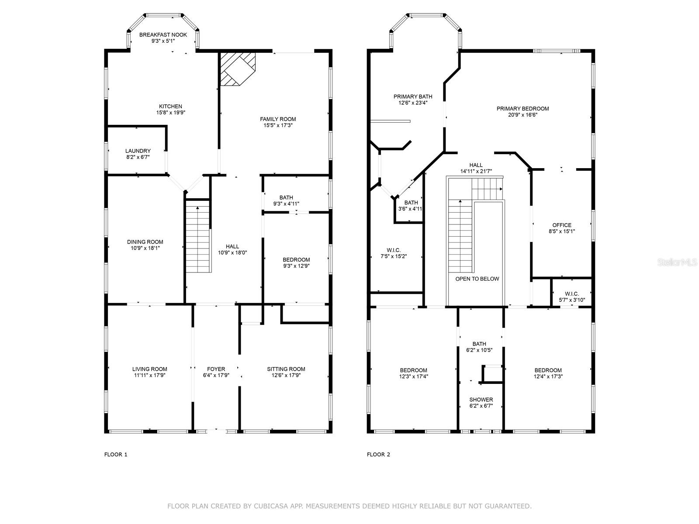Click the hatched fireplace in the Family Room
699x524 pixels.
coord(238,69)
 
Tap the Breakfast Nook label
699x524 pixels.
coord(163,34)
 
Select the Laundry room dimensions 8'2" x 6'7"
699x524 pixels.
coord(138,157)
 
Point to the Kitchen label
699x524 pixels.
coord(171,106)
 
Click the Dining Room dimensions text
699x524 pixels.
coord(145,248)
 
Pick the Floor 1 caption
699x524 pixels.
coord(116,454)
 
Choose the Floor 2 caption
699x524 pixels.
coord(379,454)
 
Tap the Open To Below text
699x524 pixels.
coord(478,279)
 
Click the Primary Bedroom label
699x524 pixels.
coord(523,108)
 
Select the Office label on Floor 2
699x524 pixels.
coord(562,225)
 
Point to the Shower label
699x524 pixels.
coord(481,399)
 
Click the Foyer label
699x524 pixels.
coord(216,369)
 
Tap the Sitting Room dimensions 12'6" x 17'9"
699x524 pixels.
coord(286,376)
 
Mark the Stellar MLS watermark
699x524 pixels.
coord(677,262)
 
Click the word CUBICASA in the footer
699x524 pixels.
coord(268,506)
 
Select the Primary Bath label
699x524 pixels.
coord(413,97)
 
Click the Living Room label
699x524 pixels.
coord(150,369)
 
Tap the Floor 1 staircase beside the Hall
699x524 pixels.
coord(198,236)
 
